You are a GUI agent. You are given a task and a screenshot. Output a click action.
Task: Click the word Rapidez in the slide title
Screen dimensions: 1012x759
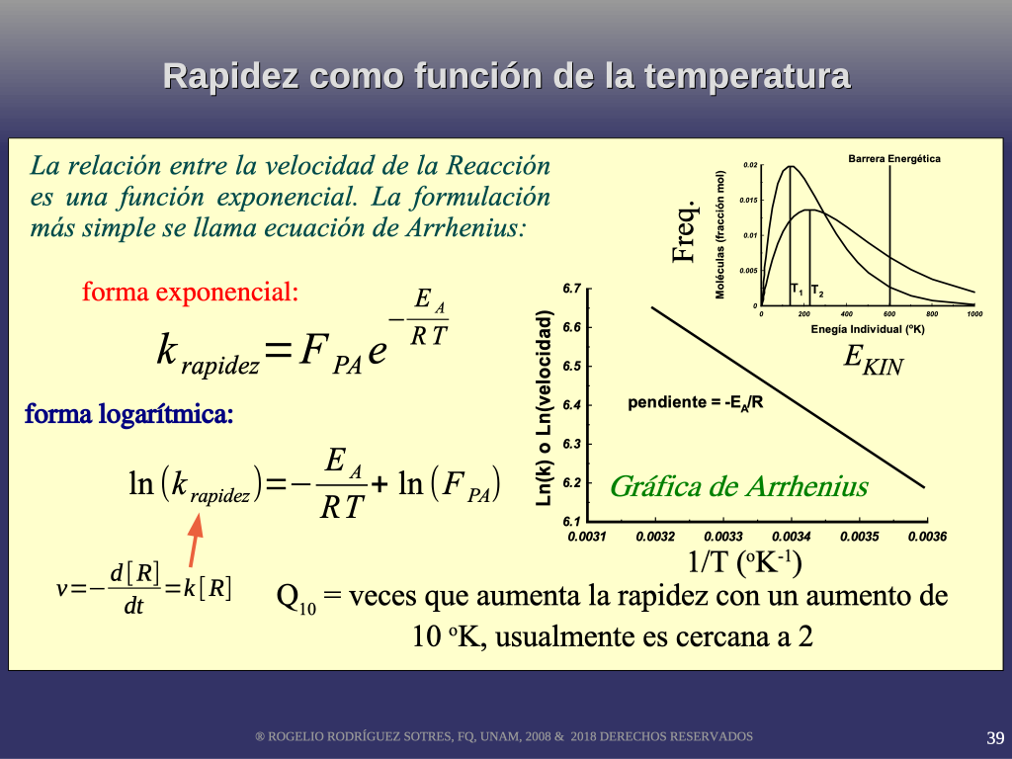(229, 77)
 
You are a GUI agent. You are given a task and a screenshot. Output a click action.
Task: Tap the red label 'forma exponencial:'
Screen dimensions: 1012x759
(191, 293)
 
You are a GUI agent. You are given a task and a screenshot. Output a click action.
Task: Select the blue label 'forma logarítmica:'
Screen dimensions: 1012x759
(129, 414)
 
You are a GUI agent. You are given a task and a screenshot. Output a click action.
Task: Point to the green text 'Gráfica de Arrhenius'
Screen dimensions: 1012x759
(739, 486)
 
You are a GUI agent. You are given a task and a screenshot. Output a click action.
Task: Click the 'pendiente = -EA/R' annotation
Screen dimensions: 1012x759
(695, 403)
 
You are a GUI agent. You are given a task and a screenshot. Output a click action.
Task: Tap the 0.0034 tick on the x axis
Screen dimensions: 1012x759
(792, 537)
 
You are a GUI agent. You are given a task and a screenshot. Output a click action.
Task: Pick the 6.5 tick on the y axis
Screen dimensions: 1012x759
(572, 366)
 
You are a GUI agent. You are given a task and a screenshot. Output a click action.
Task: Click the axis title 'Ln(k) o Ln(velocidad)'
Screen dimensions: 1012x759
(545, 408)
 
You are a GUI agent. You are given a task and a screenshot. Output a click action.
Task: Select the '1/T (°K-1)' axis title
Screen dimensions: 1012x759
(744, 561)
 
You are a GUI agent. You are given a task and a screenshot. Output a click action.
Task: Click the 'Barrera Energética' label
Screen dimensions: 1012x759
(893, 159)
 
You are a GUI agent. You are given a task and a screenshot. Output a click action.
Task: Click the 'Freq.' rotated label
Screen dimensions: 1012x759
(685, 231)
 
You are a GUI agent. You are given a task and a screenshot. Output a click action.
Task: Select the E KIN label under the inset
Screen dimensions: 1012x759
(874, 360)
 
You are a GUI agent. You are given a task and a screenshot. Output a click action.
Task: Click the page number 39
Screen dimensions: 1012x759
(995, 737)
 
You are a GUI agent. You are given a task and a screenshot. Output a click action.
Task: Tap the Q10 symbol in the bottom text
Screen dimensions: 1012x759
(296, 598)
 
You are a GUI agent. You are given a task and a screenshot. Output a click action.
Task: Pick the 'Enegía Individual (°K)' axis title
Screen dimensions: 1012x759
(868, 329)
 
